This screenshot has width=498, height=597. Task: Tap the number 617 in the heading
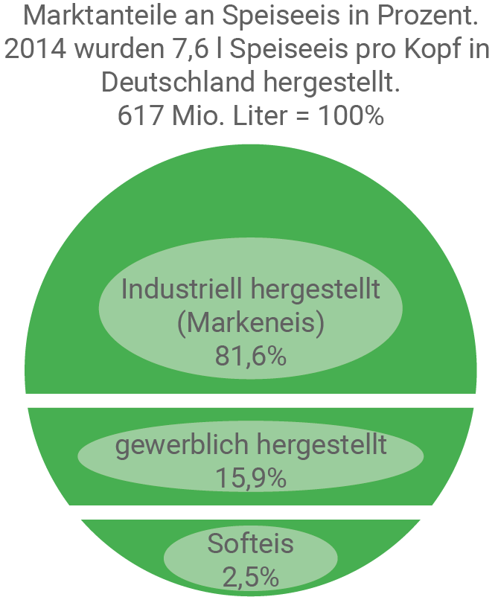point(139,115)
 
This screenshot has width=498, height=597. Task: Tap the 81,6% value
point(250,355)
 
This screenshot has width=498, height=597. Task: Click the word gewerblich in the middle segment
point(182,445)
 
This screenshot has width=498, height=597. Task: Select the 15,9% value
point(250,478)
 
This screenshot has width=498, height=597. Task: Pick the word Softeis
point(250,544)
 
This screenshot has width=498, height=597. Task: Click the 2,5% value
point(250,576)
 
